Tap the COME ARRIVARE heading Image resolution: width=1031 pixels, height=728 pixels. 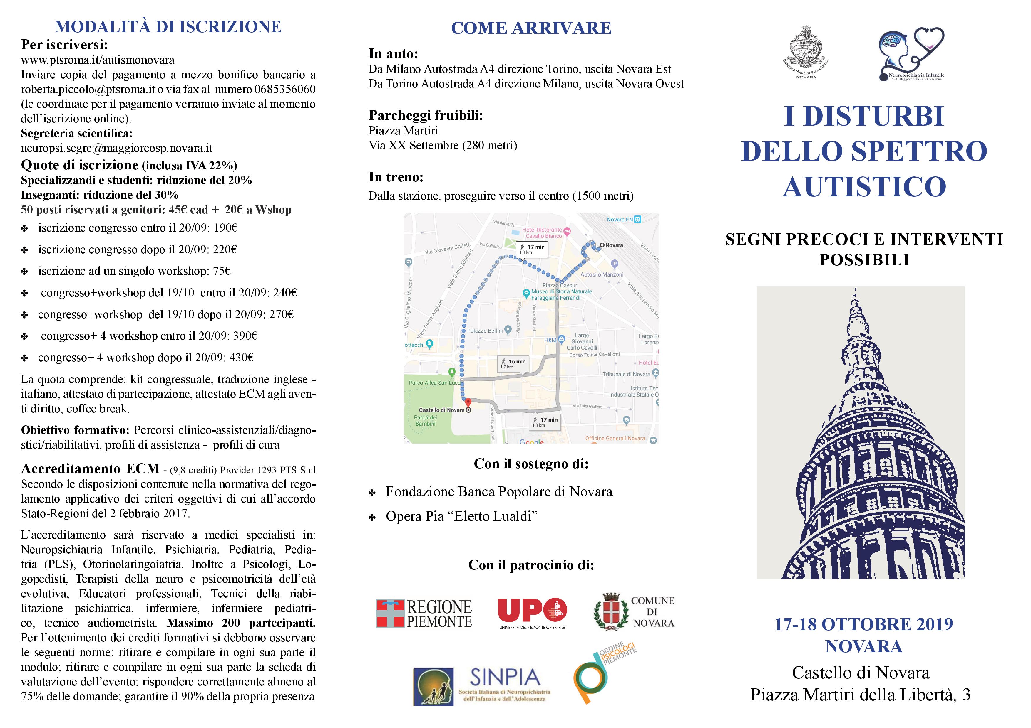coord(531,28)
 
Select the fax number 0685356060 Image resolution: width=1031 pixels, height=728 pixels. coord(285,89)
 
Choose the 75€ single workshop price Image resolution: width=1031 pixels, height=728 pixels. coord(222,271)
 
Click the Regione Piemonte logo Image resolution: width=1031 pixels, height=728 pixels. coord(424,614)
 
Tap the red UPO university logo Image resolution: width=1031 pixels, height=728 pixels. coord(532,611)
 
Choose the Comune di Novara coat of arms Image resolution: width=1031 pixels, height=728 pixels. coord(609,612)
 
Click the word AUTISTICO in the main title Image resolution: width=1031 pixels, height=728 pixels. coord(864,187)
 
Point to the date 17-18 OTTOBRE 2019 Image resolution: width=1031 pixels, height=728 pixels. coord(863,624)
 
